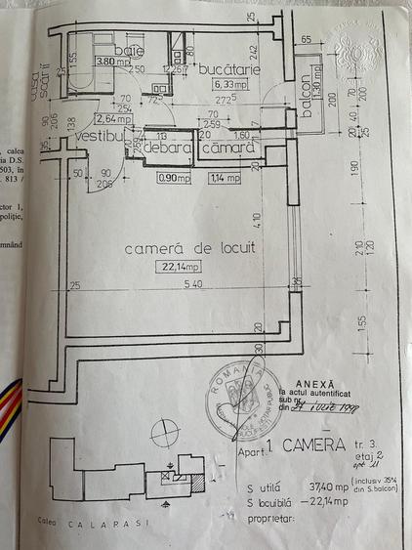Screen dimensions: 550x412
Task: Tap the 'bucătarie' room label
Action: [x=226, y=71]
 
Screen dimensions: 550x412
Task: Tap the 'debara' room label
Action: [x=169, y=148]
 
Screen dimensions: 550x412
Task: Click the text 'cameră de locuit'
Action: [x=190, y=249]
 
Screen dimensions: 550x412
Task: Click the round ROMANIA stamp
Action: [x=234, y=396]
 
